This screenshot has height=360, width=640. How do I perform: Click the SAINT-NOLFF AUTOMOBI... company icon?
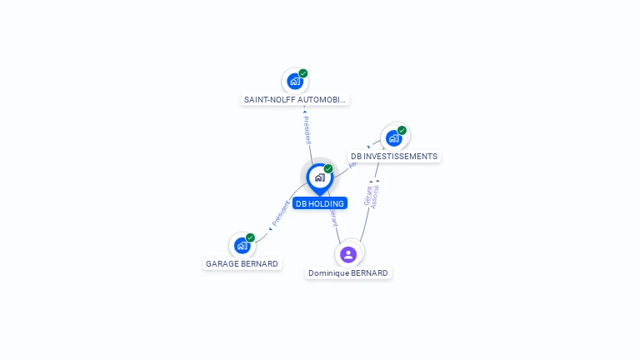click(x=295, y=81)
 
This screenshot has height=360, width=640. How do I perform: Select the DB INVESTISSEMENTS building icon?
click(x=393, y=137)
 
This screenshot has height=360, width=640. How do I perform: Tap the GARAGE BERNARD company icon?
click(x=242, y=245)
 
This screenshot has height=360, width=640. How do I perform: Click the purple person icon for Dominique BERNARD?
click(x=348, y=254)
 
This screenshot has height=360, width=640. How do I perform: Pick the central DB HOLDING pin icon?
click(x=319, y=177)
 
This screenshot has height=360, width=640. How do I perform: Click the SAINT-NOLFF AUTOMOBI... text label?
click(x=295, y=99)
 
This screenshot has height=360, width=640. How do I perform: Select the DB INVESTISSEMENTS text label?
click(x=393, y=156)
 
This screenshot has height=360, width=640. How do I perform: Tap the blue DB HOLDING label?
click(x=319, y=203)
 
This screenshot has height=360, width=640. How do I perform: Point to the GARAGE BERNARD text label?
click(x=242, y=263)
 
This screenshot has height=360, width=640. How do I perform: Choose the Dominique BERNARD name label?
click(x=348, y=272)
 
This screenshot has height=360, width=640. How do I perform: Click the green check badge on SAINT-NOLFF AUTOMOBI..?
click(x=303, y=73)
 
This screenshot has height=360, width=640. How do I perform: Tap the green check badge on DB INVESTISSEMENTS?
click(x=402, y=130)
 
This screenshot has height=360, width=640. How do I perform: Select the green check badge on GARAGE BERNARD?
click(x=250, y=237)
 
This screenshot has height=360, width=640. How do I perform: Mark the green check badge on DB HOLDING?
click(x=328, y=169)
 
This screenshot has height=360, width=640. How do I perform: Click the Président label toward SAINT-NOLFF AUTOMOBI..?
click(x=307, y=129)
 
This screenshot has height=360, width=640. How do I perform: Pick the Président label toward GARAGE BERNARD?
click(x=281, y=213)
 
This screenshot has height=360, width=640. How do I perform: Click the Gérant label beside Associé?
click(x=367, y=196)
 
